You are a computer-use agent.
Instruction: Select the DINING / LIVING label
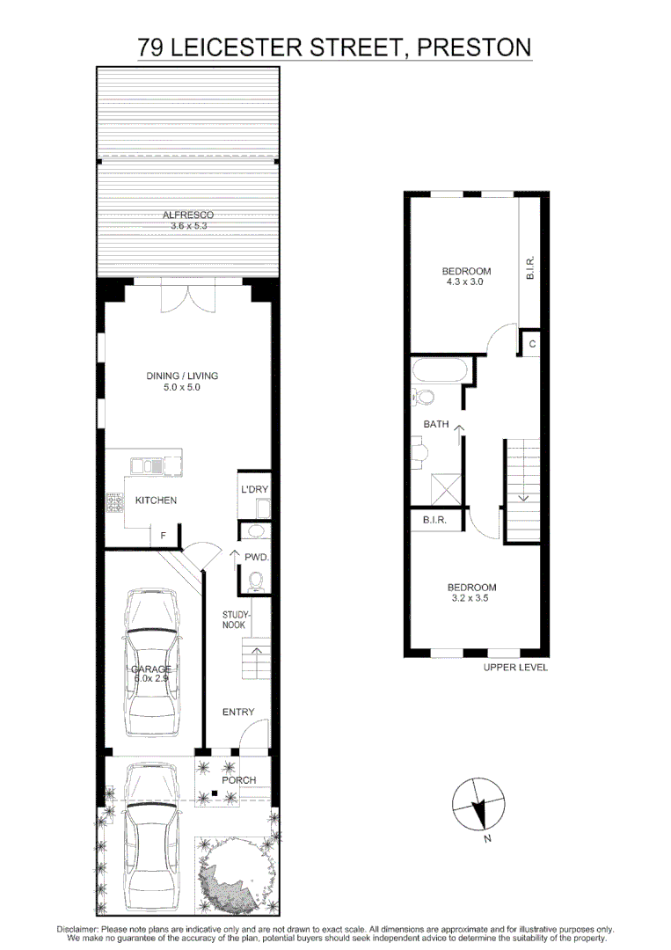(182, 376)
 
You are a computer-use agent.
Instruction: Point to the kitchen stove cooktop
(115, 504)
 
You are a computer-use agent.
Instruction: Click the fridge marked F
(163, 534)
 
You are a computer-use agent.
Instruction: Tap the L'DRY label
(254, 489)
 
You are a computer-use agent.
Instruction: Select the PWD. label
(256, 557)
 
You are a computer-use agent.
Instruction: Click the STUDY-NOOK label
(236, 619)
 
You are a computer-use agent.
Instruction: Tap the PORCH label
(238, 780)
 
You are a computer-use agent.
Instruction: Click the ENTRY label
(237, 712)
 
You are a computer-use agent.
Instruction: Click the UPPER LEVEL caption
(515, 668)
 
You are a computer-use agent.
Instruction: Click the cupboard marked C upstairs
(531, 344)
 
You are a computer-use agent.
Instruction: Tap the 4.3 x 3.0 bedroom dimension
(466, 283)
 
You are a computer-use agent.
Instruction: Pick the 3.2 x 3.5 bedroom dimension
(471, 599)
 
